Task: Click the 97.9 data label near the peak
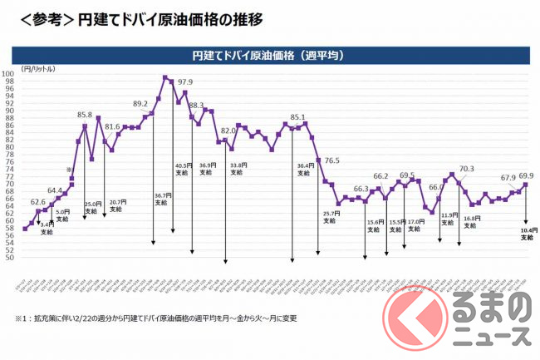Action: (x=184, y=82)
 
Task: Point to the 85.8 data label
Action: (x=85, y=115)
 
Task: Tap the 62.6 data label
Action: (x=38, y=202)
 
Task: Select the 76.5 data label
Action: (x=332, y=160)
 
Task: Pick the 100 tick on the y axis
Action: (x=9, y=74)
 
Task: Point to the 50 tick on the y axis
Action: (x=11, y=258)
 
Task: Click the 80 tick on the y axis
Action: (x=11, y=147)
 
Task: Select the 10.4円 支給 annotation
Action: (x=527, y=234)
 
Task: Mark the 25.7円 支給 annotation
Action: (x=330, y=218)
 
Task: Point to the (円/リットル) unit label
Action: (x=34, y=68)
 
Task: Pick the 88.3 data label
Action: (x=197, y=106)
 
